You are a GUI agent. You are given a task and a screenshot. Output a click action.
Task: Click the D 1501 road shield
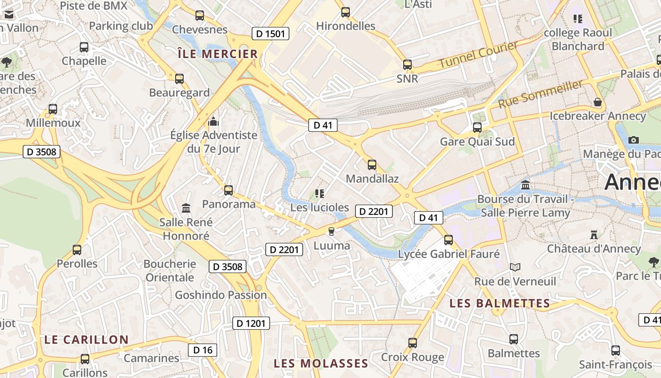(271, 34)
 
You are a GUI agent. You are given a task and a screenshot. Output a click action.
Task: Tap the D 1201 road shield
(251, 324)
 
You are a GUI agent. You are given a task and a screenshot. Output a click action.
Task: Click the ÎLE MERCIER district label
(218, 54)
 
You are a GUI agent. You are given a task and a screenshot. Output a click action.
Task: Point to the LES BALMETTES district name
(500, 303)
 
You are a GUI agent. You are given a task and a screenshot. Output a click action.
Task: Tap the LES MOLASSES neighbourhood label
(321, 363)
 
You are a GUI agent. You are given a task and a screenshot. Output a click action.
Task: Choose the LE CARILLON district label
(86, 340)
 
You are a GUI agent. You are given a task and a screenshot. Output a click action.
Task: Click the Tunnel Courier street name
(478, 55)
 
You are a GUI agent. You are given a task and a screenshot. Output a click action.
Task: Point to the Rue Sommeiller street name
(541, 94)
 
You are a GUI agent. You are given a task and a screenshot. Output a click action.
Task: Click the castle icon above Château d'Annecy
(594, 235)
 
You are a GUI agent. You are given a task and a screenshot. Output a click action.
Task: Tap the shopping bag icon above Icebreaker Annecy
(598, 102)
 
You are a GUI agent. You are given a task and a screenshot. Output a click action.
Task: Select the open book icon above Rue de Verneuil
(515, 267)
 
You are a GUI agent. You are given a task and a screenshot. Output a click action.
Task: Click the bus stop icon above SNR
(407, 65)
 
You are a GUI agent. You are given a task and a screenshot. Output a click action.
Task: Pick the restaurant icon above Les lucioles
(320, 193)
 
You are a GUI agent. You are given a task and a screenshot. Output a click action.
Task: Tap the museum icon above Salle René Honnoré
(186, 208)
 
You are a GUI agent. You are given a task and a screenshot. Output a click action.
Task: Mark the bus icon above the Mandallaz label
(372, 165)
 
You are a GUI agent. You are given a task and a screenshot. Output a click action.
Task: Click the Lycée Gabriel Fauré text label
(449, 254)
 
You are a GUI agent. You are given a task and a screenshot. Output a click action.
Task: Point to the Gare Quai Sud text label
(477, 142)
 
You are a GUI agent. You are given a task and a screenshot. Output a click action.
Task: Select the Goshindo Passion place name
(221, 295)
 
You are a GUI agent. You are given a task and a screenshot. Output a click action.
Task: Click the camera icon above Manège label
(634, 140)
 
